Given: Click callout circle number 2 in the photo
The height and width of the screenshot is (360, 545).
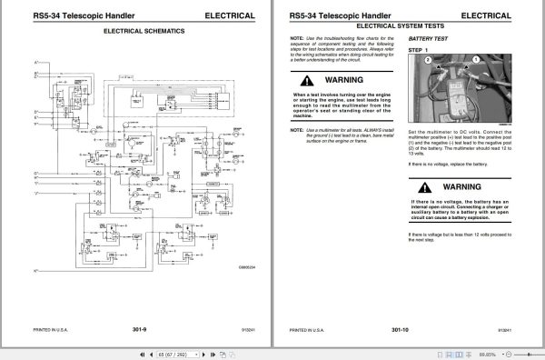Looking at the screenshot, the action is coord(425,58).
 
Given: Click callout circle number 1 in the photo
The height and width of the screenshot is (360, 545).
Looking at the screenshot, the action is coord(474,57).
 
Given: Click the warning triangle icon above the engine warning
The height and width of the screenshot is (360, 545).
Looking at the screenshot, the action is coord(310,79).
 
